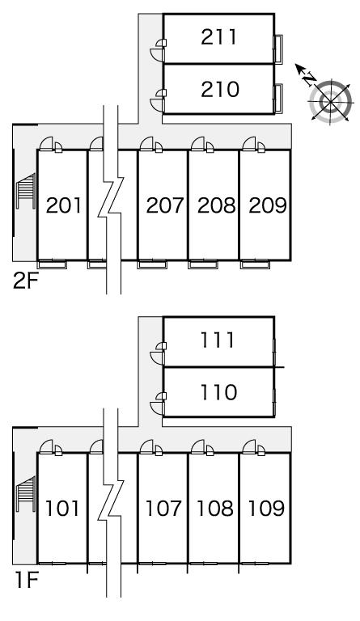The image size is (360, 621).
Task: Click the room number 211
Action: pyautogui.click(x=218, y=37)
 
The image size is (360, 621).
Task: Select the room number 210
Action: pyautogui.click(x=220, y=89)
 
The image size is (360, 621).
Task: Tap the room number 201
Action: pyautogui.click(x=64, y=205)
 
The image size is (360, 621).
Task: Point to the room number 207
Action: pyautogui.click(x=165, y=205)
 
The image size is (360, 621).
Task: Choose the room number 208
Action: pyautogui.click(x=216, y=205)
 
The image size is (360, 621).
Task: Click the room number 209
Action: pyautogui.click(x=267, y=205)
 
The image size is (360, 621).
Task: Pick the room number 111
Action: pyautogui.click(x=217, y=340)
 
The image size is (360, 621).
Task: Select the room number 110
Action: pyautogui.click(x=218, y=392)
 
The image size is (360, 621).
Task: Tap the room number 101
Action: pyautogui.click(x=62, y=509)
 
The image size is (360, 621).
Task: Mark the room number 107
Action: pyautogui.click(x=163, y=509)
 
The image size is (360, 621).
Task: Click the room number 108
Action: pyautogui.click(x=215, y=509)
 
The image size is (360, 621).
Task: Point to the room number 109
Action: pyautogui.click(x=266, y=509)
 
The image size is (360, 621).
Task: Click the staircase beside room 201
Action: pyautogui.click(x=26, y=191)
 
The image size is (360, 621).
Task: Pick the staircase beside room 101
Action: pyautogui.click(x=26, y=494)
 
